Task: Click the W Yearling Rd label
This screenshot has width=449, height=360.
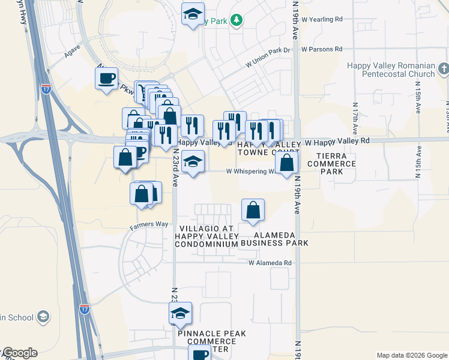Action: tap(322, 19)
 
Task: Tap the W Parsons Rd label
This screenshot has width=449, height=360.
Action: tap(322, 49)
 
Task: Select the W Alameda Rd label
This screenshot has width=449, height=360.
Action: tap(270, 263)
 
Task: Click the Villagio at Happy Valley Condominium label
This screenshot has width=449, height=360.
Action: tap(206, 236)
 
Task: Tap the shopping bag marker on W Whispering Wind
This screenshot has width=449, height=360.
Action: tap(288, 162)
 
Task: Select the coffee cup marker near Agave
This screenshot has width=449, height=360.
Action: tap(107, 79)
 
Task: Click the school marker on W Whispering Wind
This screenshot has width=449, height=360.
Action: tap(193, 161)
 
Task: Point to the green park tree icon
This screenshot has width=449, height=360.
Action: tap(237, 21)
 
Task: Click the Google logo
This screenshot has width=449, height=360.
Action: tap(20, 353)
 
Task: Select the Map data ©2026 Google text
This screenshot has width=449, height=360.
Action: tap(411, 355)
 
